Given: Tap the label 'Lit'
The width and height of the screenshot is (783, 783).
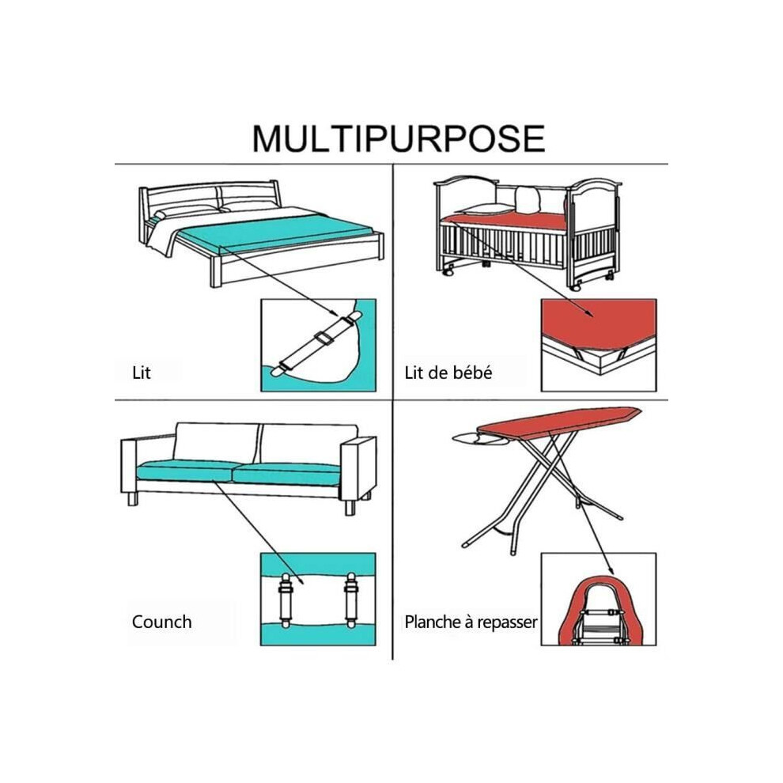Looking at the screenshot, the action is (142, 373).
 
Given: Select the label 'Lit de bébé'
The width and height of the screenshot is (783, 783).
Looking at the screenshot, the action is (448, 373).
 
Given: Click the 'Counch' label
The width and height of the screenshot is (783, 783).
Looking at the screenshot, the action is (162, 622).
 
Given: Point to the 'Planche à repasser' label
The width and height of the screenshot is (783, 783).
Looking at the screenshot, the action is (471, 622).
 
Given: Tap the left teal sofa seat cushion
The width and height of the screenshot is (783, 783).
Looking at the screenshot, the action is (186, 471).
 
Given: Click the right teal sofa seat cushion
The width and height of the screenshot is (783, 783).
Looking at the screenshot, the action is (286, 474).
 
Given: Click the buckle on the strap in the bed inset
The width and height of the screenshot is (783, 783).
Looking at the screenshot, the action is (324, 338).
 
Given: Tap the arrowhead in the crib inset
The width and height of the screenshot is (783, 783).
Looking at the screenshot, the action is (588, 312).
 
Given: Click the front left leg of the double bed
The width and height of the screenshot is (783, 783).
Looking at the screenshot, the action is (215, 271).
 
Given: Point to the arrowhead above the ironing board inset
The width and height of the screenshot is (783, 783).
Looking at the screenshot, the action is (610, 570).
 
